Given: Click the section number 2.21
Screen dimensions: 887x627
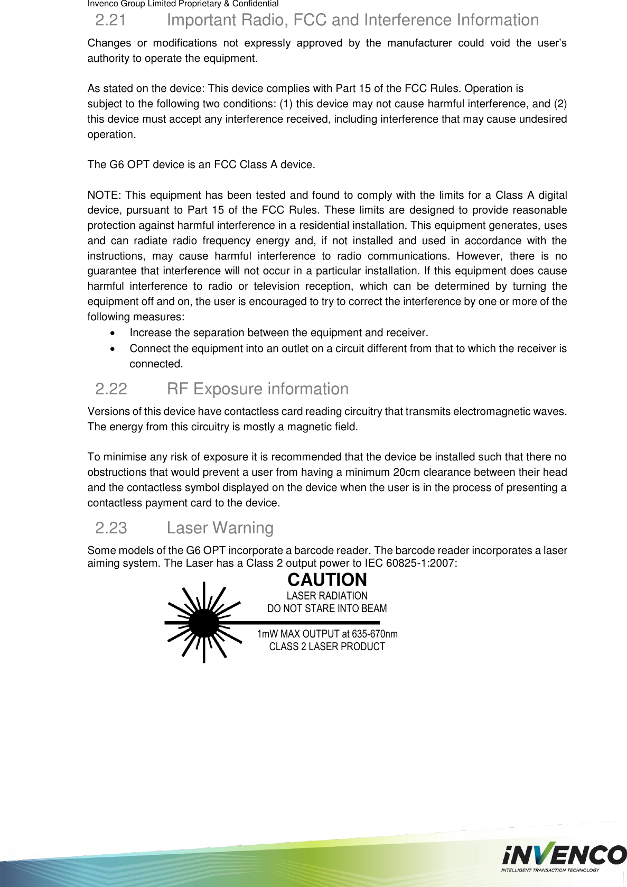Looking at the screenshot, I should pyautogui.click(x=110, y=20).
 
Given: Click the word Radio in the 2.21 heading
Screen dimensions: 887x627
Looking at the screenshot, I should pyautogui.click(x=262, y=20).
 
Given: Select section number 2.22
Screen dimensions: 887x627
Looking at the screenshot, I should pyautogui.click(x=111, y=389).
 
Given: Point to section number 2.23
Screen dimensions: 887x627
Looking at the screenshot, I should pyautogui.click(x=111, y=528).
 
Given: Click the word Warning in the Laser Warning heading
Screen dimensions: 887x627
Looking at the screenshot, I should pyautogui.click(x=243, y=528).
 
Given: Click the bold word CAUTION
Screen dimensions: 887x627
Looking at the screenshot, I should pyautogui.click(x=327, y=580).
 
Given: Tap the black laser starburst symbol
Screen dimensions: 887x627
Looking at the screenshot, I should pyautogui.click(x=204, y=623).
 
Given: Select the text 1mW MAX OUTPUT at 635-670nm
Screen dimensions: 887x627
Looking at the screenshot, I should pyautogui.click(x=327, y=634).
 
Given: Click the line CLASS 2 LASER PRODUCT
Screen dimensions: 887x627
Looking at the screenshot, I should pyautogui.click(x=327, y=646).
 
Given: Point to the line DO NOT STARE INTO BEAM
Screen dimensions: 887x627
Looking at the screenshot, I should pyautogui.click(x=327, y=608).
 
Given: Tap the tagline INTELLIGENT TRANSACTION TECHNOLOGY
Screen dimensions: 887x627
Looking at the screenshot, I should pyautogui.click(x=550, y=870).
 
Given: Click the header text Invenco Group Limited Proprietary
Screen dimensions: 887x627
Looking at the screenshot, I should pyautogui.click(x=158, y=4).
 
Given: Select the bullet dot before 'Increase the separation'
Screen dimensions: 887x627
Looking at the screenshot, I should pyautogui.click(x=111, y=333).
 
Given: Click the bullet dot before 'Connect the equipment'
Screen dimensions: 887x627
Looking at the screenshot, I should pyautogui.click(x=111, y=349).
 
